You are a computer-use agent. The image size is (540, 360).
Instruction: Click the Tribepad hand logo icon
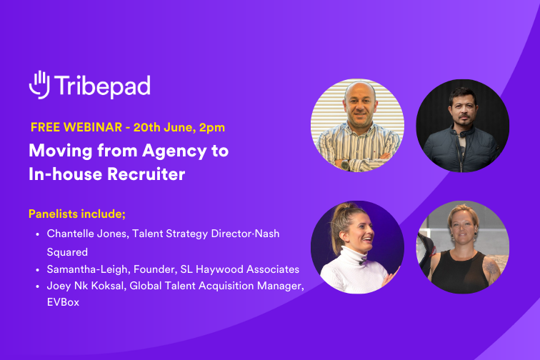(x=39, y=84)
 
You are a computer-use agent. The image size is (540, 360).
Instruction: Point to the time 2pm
(x=212, y=128)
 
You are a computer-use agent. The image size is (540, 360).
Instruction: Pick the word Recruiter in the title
(x=147, y=174)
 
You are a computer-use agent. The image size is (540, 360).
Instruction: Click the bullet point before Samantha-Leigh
(x=36, y=269)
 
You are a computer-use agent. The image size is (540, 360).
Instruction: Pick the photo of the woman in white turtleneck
(x=357, y=247)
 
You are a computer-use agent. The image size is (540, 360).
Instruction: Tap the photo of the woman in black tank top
(x=462, y=247)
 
